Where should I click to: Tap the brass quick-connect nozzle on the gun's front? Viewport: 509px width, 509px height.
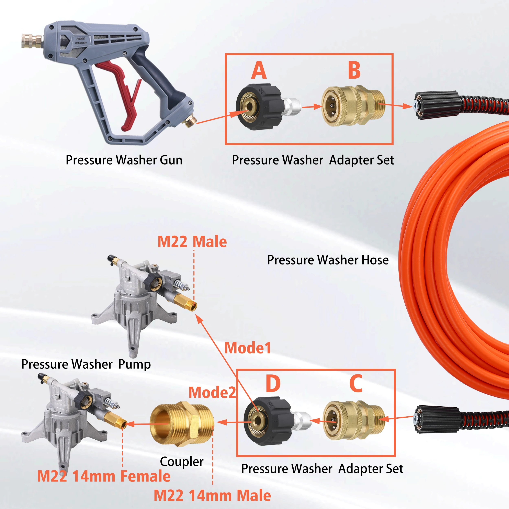click(31, 41)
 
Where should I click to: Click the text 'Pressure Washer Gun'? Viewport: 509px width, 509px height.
click(124, 160)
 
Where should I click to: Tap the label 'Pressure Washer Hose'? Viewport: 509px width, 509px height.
click(328, 260)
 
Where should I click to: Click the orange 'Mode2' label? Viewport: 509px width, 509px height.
click(212, 393)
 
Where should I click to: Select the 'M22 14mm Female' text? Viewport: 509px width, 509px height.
click(104, 476)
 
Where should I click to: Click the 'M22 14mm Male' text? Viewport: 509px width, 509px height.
click(212, 495)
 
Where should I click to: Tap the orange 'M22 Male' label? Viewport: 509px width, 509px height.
click(192, 242)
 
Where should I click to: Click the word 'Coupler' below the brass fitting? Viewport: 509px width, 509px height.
click(182, 461)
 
